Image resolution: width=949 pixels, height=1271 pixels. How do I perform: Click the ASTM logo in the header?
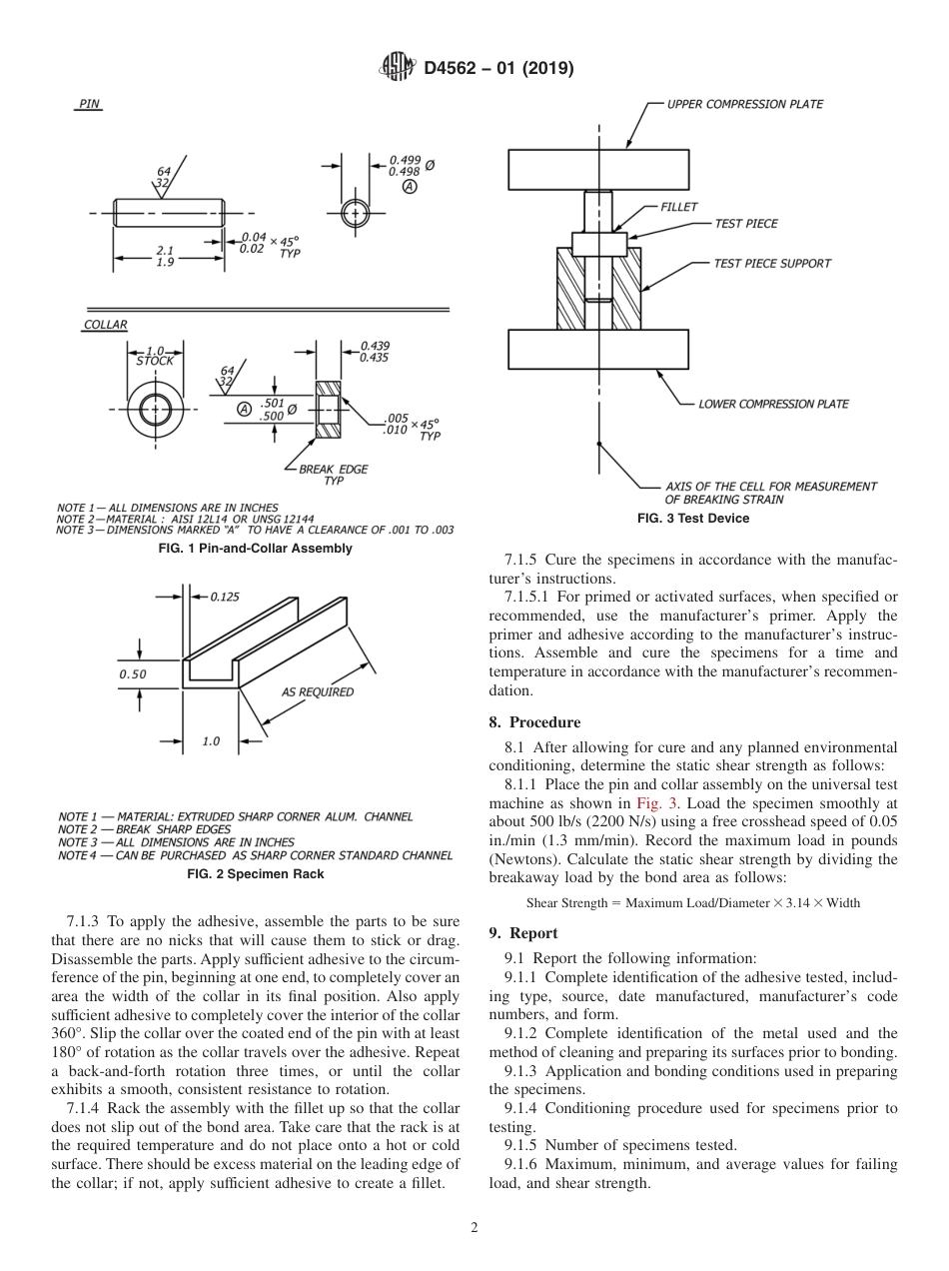(398, 68)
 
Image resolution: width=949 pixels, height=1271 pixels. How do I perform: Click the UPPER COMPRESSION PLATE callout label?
(744, 104)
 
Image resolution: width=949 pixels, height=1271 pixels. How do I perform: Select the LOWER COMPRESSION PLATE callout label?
(773, 404)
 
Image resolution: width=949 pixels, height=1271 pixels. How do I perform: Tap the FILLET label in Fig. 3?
(679, 207)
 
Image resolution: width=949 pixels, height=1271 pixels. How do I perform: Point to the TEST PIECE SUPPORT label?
(771, 264)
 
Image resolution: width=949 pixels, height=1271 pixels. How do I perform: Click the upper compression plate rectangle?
(597, 169)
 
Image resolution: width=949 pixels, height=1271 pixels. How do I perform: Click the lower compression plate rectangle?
(597, 349)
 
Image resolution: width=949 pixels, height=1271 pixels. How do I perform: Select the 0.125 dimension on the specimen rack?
(225, 597)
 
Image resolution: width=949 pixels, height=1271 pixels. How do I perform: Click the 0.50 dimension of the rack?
(132, 673)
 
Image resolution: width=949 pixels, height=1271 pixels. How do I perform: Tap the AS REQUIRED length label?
(317, 691)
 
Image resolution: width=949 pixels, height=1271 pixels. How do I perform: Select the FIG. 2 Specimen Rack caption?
(256, 874)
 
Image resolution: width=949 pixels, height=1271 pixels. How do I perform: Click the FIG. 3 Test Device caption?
(693, 519)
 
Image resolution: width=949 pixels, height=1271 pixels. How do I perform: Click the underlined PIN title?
(89, 104)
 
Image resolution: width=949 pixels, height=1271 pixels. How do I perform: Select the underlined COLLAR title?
(105, 325)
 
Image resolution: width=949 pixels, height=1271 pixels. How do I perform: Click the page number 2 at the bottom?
(474, 1228)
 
